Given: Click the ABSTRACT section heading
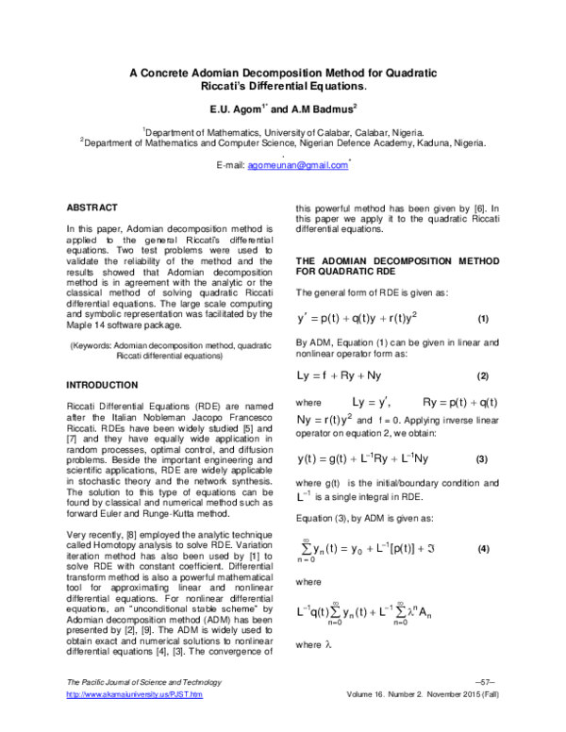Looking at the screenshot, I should click(x=92, y=207).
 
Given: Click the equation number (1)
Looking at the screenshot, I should click(x=483, y=318).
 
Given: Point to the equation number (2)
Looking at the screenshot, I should click(x=483, y=376).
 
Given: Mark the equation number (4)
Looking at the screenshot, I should click(x=483, y=548).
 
